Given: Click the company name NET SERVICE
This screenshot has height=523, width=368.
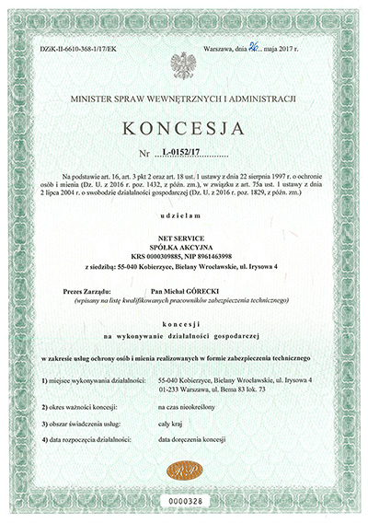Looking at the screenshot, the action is [x=184, y=237].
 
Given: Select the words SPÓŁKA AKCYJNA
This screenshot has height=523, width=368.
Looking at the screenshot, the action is [x=184, y=246].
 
